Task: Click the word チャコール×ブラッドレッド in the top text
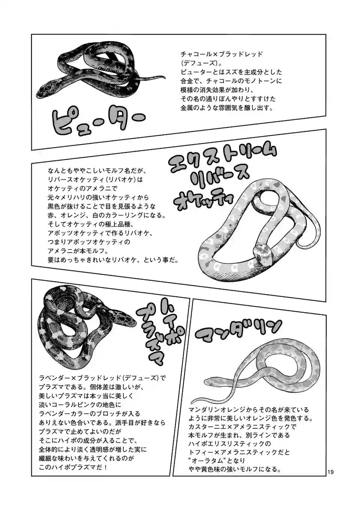[222, 54]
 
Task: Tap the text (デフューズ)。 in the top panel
[198, 63]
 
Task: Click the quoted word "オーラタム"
[204, 461]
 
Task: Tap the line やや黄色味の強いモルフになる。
[235, 469]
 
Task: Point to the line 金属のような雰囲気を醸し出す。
[227, 108]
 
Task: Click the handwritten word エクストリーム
[223, 160]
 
